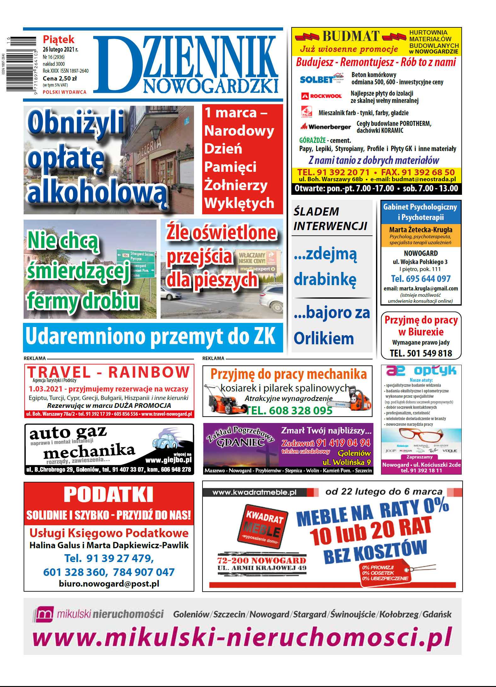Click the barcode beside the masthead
pyautogui.click(x=21, y=64)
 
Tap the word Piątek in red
pyautogui.click(x=59, y=40)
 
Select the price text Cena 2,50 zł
pyautogui.click(x=60, y=78)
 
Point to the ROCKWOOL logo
pyautogui.click(x=322, y=96)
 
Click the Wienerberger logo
pyautogui.click(x=325, y=127)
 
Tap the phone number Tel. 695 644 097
pyautogui.click(x=421, y=279)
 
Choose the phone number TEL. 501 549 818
pyautogui.click(x=421, y=353)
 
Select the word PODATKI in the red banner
pyautogui.click(x=109, y=495)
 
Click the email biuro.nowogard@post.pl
pyautogui.click(x=109, y=584)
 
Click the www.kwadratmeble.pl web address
pyautogui.click(x=254, y=492)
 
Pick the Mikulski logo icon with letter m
pyautogui.click(x=44, y=614)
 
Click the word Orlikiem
pyautogui.click(x=324, y=338)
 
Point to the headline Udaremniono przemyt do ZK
pyautogui.click(x=151, y=337)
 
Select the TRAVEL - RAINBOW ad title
pyautogui.click(x=109, y=372)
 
